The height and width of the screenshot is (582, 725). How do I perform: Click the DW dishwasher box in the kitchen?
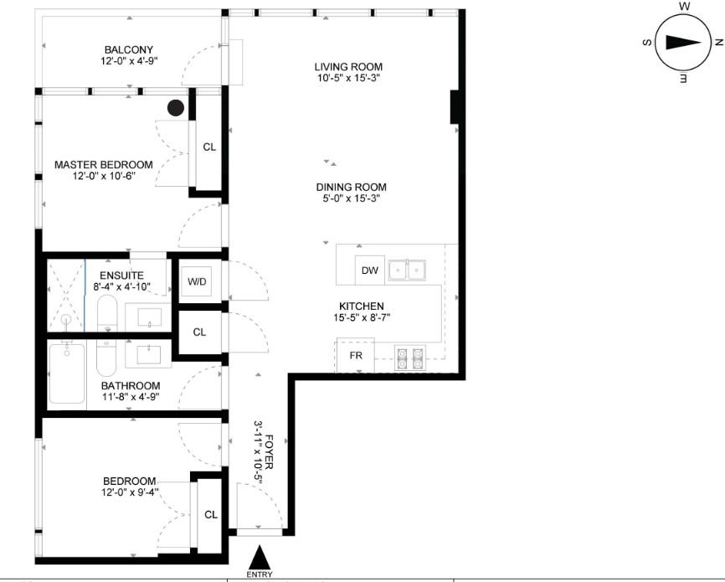pos(369,270)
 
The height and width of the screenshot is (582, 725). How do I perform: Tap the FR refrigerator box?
pos(355,355)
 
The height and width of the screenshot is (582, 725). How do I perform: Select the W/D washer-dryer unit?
pos(197,281)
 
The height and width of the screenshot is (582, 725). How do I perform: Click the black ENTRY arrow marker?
pos(260,558)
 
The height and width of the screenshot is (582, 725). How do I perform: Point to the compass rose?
pos(683,43)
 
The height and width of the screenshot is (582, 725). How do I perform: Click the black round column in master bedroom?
pos(176,108)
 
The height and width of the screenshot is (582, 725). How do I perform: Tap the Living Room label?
pos(348,67)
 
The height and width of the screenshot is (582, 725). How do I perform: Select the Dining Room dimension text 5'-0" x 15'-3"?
pos(352,198)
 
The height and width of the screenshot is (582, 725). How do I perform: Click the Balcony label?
pos(129,49)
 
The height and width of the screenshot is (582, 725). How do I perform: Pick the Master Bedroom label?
pos(104,165)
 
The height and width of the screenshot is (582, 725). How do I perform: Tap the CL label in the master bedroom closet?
pos(209,147)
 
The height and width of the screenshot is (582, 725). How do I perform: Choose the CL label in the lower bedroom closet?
pos(211,515)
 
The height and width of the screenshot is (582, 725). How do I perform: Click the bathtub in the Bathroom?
pos(67,373)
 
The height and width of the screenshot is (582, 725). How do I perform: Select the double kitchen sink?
pos(407,270)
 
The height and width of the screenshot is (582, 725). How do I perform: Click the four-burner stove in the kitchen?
pos(410,358)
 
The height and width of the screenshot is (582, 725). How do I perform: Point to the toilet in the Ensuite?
pos(107,312)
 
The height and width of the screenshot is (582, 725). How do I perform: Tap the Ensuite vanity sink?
pos(149,317)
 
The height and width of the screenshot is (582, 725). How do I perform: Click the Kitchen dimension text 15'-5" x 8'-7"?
pos(362,318)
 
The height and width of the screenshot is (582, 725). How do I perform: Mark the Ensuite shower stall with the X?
pos(66,295)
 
